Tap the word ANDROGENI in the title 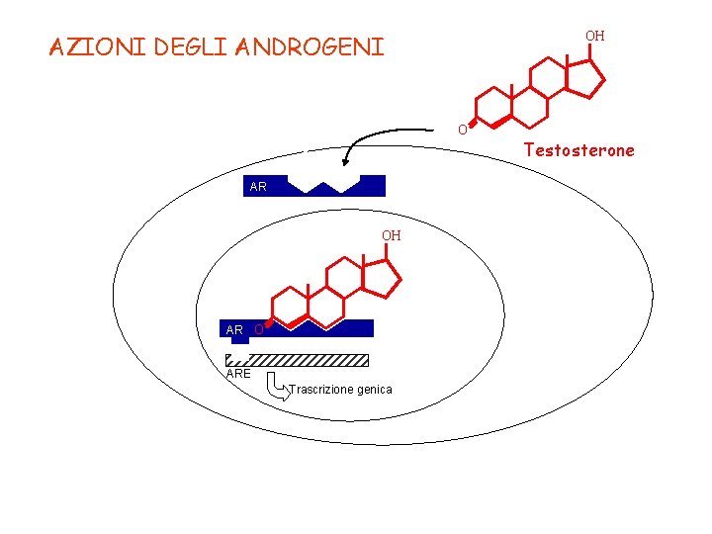[x=310, y=47]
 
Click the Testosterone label [x=579, y=150]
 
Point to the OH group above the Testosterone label [x=594, y=36]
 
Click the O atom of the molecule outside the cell [x=461, y=130]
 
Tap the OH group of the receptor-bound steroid [x=392, y=235]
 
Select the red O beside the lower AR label [x=258, y=329]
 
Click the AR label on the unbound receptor [x=258, y=186]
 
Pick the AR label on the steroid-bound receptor [x=234, y=329]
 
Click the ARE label [x=238, y=374]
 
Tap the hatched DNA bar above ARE [x=298, y=360]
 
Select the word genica [x=375, y=390]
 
